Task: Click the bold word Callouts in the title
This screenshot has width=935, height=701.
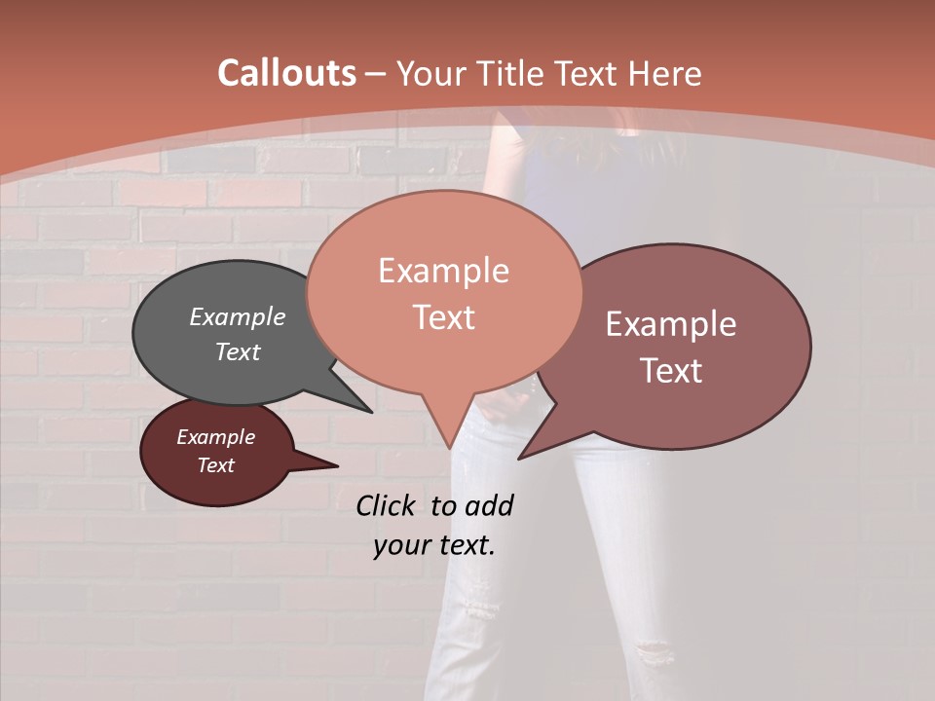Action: click(286, 73)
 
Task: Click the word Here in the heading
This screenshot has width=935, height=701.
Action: click(666, 73)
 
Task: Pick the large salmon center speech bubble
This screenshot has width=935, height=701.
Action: click(443, 292)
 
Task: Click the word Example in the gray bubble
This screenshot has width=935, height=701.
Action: click(238, 317)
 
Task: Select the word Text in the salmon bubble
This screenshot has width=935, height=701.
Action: click(444, 317)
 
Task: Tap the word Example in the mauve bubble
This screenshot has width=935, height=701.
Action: click(671, 324)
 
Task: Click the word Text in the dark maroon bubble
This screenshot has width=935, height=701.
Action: click(216, 465)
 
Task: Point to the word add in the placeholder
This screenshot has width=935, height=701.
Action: click(489, 505)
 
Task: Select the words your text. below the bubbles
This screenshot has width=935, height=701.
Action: click(434, 545)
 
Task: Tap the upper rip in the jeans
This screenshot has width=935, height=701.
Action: click(479, 609)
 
